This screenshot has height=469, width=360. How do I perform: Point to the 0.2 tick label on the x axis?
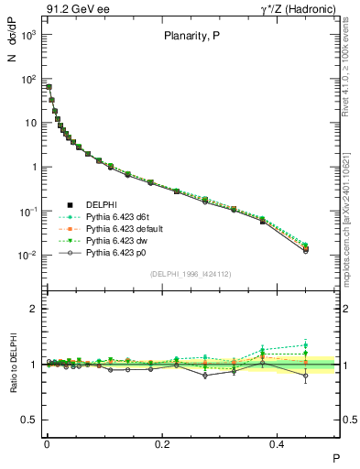click(x=162, y=443)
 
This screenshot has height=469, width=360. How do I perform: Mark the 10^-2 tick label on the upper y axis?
click(x=27, y=256)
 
